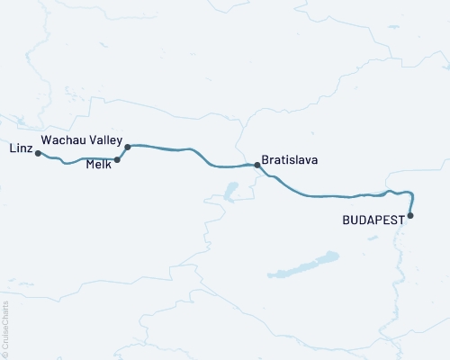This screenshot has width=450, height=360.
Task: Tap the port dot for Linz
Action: pyautogui.click(x=38, y=154)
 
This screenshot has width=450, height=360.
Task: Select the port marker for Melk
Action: pyautogui.click(x=118, y=160)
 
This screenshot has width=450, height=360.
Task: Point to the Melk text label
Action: pyautogui.click(x=99, y=164)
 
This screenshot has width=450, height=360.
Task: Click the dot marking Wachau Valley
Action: pyautogui.click(x=128, y=147)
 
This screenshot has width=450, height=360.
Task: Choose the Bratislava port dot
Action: pyautogui.click(x=256, y=165)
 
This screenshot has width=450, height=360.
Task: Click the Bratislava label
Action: pyautogui.click(x=289, y=161)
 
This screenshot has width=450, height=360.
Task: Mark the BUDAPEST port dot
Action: pyautogui.click(x=410, y=215)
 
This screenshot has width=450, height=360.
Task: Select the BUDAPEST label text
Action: pyautogui.click(x=373, y=220)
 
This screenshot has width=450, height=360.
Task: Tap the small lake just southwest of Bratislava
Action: pyautogui.click(x=230, y=190)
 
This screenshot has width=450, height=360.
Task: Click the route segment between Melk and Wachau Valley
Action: pyautogui.click(x=121, y=154)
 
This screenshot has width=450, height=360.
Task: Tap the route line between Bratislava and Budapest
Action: pyautogui.click(x=333, y=196)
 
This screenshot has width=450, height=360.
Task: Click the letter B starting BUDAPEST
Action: pyautogui.click(x=346, y=220)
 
